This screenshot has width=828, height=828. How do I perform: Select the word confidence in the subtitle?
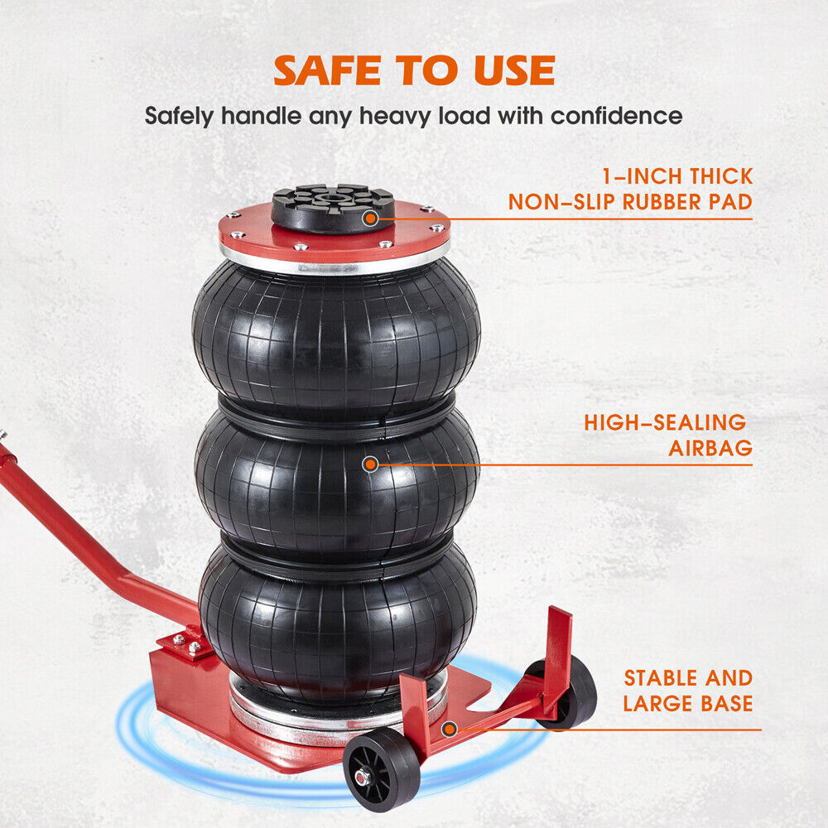click(x=617, y=115)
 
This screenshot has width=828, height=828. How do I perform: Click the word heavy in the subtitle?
click(x=388, y=115)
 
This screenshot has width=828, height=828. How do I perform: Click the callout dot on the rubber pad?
click(x=370, y=219)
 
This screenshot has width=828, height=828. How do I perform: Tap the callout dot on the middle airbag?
click(x=370, y=465)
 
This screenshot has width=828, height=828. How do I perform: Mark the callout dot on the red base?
click(x=449, y=729)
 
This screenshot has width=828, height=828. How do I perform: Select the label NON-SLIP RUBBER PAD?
click(x=630, y=202)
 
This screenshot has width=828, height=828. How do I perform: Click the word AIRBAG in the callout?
click(x=710, y=449)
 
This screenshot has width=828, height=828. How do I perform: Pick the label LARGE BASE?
click(x=688, y=705)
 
